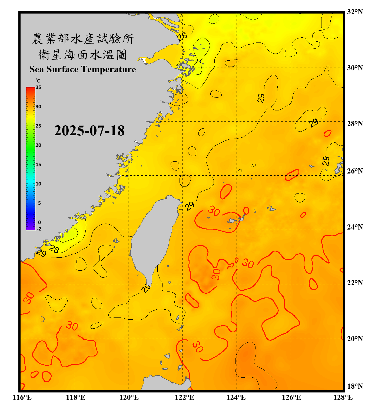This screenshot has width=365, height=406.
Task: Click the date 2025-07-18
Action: [89, 131]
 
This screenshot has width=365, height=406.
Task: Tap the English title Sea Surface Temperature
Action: [83, 69]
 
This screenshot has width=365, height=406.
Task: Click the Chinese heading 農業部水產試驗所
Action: [83, 39]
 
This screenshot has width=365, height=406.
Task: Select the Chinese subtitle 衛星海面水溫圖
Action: [83, 55]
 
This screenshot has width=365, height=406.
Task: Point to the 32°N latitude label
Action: [355, 12]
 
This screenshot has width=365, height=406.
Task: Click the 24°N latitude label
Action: [355, 227]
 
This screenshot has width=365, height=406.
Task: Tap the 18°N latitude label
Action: [355, 386]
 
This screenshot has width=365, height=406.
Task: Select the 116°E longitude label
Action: [22, 397]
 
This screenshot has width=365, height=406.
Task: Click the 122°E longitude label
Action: [184, 397]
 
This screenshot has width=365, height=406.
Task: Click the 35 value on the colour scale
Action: [38, 87]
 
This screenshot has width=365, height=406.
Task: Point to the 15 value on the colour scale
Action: [38, 164]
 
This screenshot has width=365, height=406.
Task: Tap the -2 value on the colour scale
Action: [39, 229]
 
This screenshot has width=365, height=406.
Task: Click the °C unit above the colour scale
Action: [38, 81]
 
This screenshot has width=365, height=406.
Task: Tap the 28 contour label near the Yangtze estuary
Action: [182, 36]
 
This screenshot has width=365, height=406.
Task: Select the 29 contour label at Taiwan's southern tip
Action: [146, 288]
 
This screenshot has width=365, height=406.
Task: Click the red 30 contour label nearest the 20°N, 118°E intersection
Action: [72, 326]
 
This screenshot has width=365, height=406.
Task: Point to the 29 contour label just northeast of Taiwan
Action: [190, 206]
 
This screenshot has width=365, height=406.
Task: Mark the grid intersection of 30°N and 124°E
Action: [237, 67]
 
